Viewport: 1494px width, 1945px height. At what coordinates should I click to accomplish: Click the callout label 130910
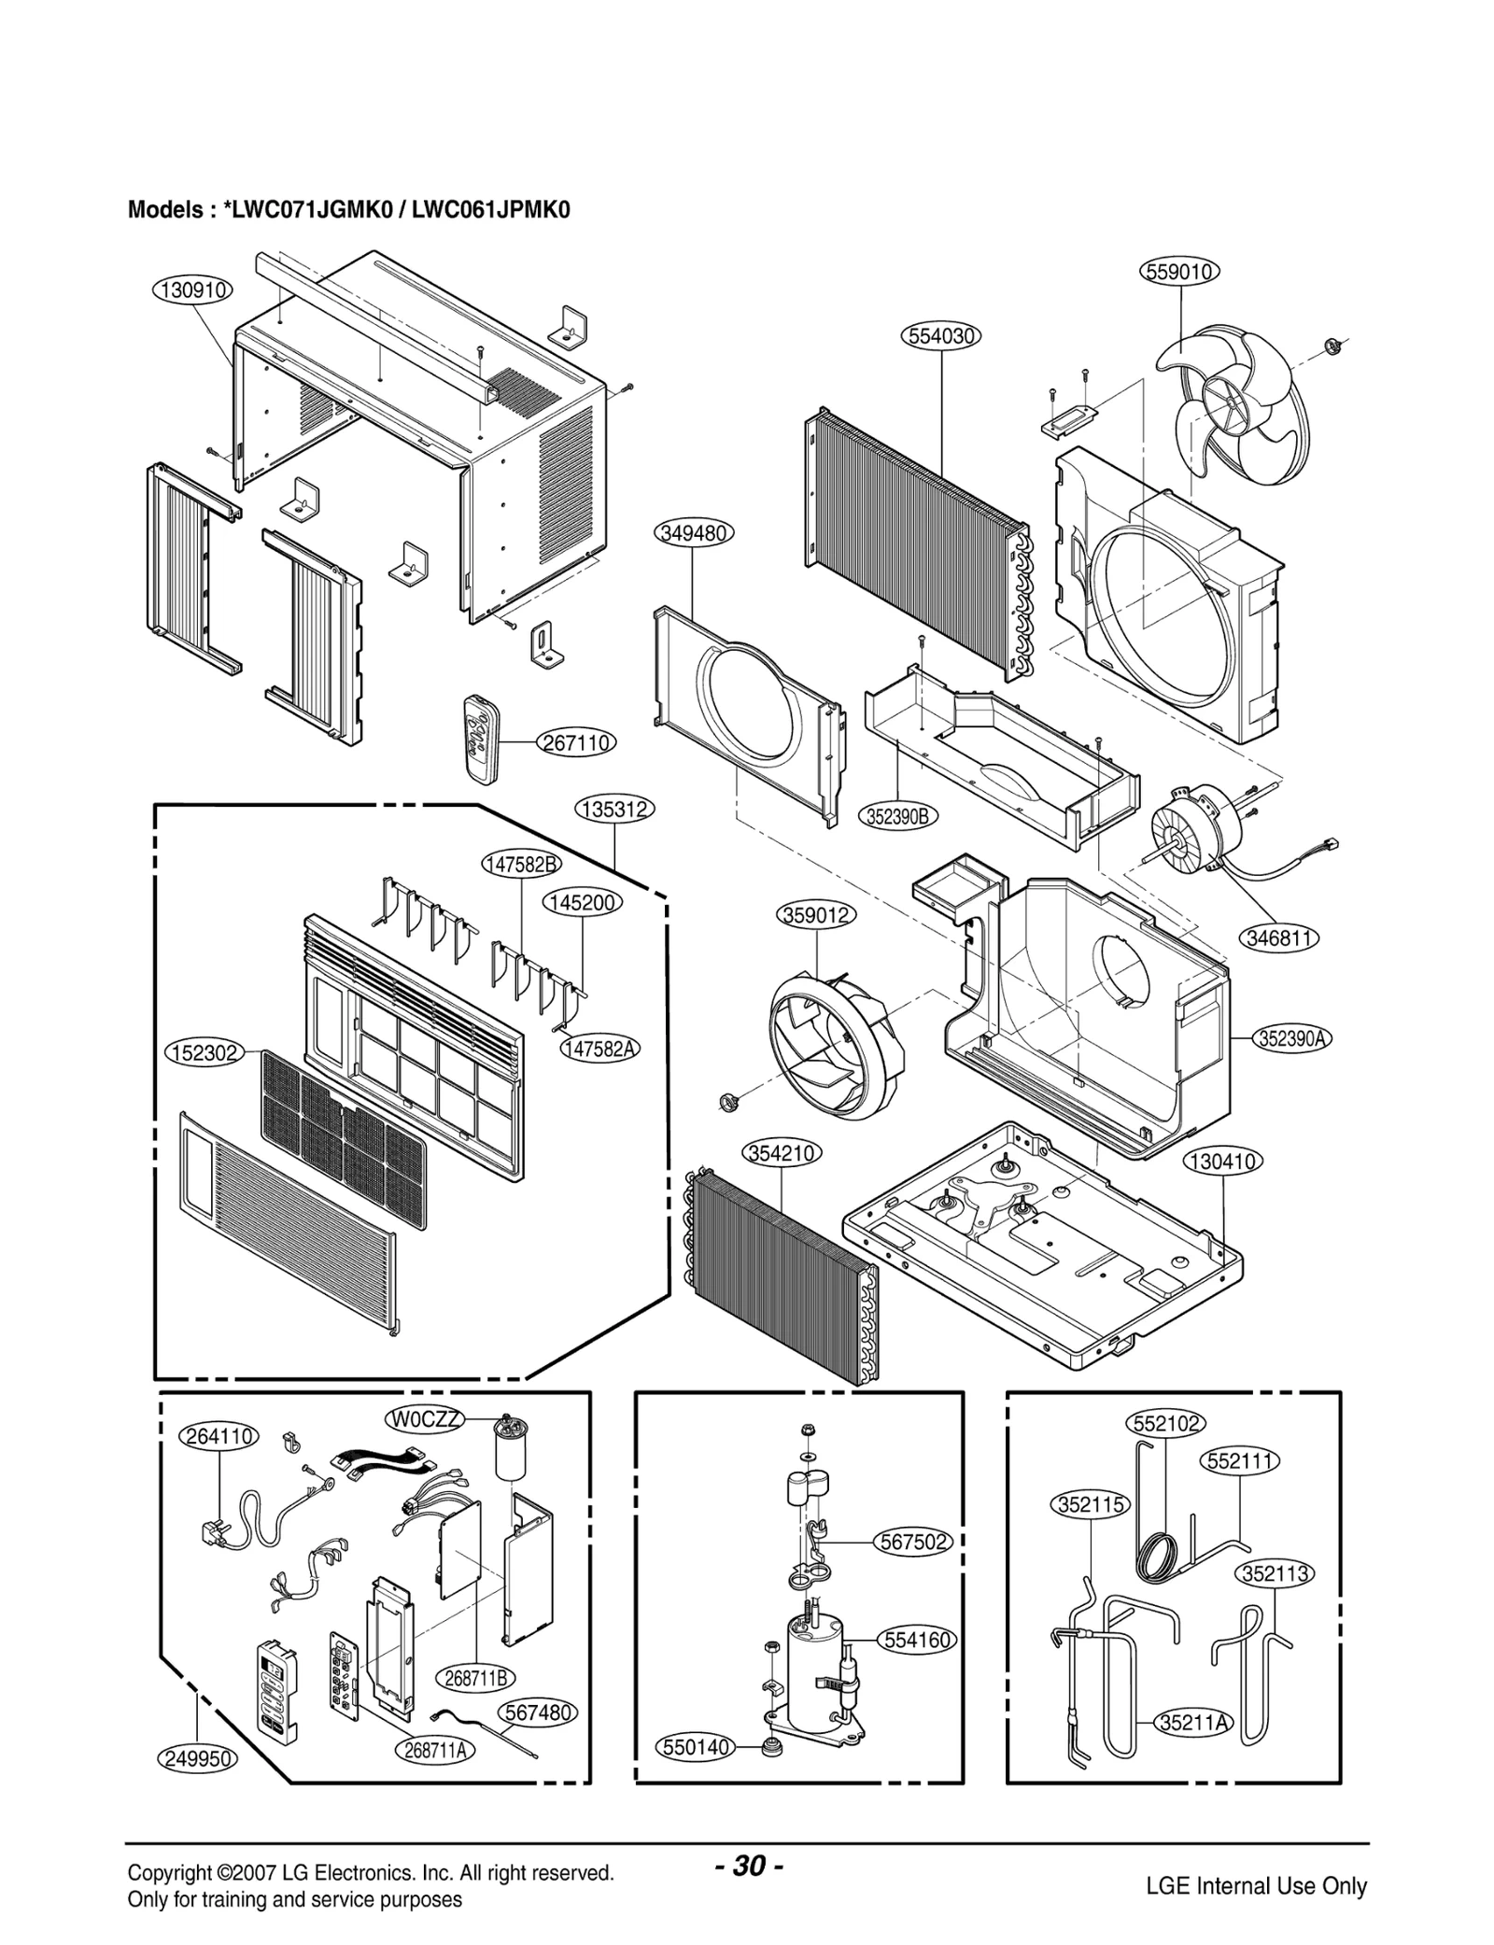coord(192,290)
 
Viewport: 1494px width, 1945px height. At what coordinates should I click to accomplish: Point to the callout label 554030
coord(941,336)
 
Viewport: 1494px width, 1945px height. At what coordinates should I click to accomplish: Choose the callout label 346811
coord(1280,937)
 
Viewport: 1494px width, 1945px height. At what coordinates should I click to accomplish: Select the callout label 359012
coord(816,915)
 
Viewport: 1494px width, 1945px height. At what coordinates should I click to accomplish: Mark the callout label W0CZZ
coord(426,1419)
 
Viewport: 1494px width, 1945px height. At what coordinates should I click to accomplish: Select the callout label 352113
coord(1276,1573)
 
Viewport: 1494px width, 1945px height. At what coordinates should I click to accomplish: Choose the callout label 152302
coord(204,1053)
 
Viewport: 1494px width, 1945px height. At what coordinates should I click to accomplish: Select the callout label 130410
coord(1223,1162)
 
